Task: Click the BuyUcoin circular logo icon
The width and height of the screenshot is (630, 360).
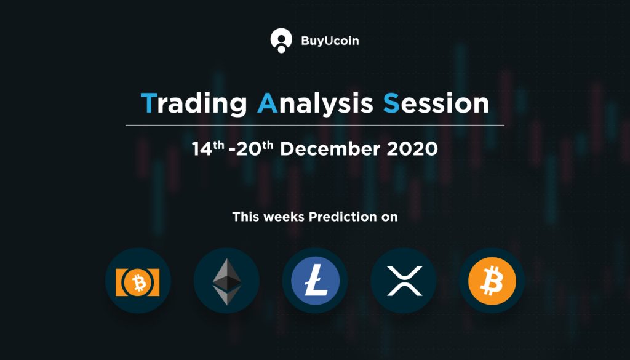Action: click(x=281, y=41)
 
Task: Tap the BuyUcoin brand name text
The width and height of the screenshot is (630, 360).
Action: click(x=330, y=41)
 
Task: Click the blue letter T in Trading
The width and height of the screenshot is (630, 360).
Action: click(x=148, y=103)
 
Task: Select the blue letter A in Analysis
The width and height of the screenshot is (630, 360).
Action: click(x=267, y=103)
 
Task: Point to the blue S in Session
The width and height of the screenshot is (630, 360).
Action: click(x=391, y=103)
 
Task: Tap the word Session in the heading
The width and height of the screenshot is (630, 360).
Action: click(x=436, y=103)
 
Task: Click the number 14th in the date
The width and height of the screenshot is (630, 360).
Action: click(x=208, y=149)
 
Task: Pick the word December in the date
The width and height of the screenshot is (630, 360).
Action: click(x=330, y=149)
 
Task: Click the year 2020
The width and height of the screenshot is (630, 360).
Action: click(x=412, y=149)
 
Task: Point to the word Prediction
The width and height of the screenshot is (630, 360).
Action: click(x=337, y=217)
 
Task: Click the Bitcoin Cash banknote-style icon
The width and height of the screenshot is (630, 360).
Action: click(x=138, y=282)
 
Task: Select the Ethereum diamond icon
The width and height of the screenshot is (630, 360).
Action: click(x=226, y=281)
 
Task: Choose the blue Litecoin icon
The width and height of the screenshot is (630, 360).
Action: click(x=315, y=281)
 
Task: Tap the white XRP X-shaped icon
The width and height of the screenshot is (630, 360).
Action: click(x=404, y=281)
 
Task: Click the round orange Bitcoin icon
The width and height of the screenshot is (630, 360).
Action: click(x=492, y=281)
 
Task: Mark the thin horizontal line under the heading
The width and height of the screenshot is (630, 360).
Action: click(x=315, y=126)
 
